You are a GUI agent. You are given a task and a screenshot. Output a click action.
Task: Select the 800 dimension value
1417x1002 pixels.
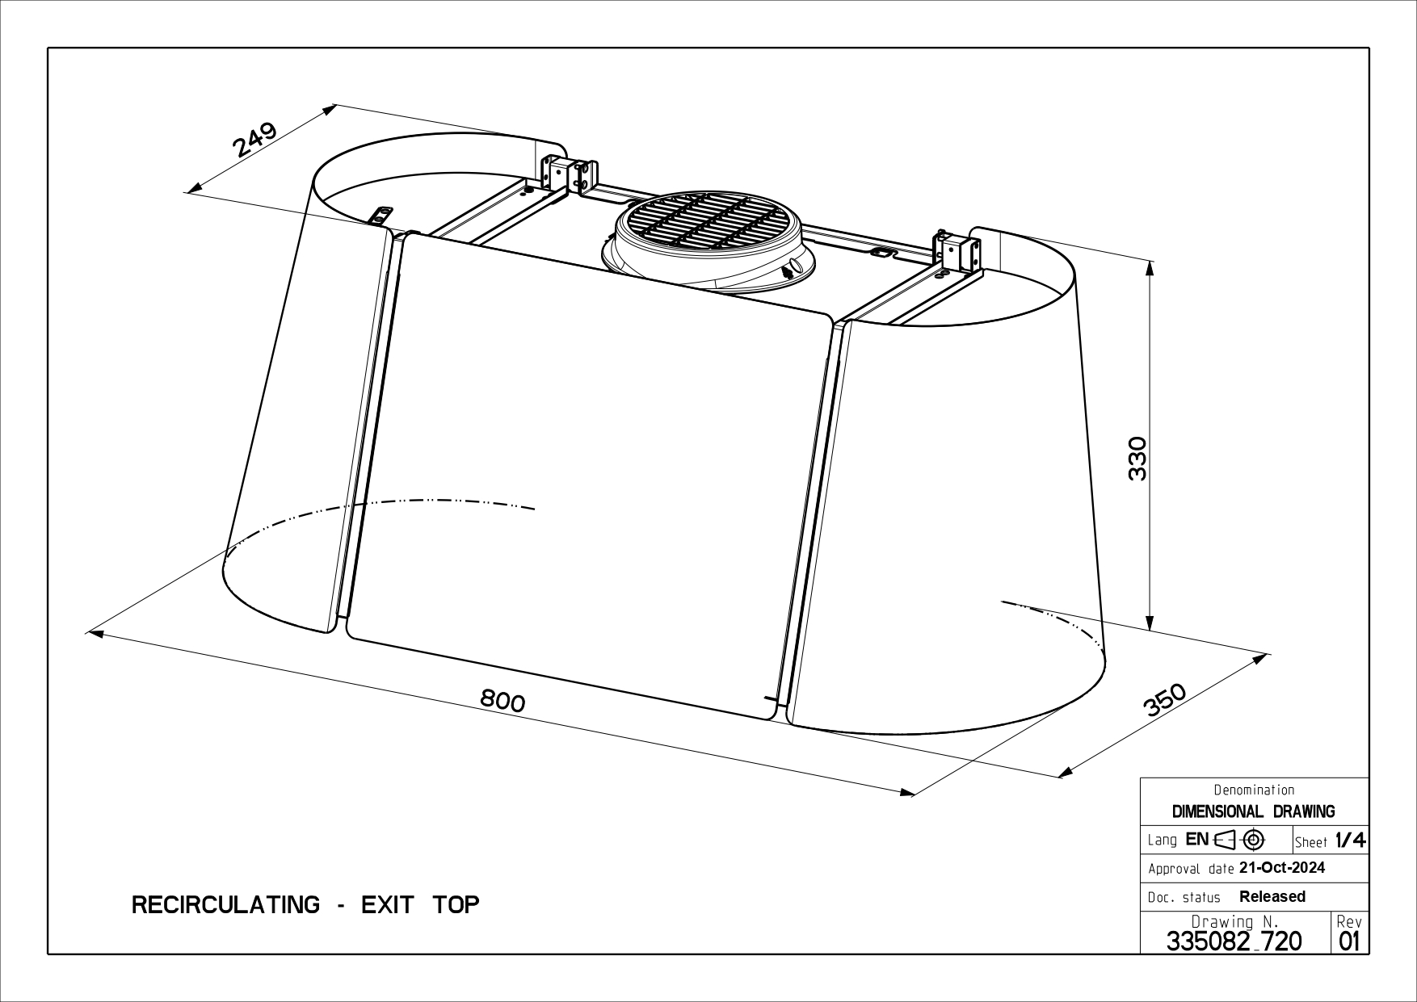coord(502,700)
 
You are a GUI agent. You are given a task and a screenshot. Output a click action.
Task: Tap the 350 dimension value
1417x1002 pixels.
coord(1165,700)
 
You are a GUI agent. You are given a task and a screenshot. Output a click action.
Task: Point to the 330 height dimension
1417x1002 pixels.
coord(1137,459)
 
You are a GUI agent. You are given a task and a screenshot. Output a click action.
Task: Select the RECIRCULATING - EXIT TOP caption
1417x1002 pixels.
coord(305,904)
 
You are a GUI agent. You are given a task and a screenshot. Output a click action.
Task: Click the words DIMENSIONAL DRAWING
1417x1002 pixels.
coord(1253,811)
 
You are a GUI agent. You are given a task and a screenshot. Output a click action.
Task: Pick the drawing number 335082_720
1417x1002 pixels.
coord(1234,941)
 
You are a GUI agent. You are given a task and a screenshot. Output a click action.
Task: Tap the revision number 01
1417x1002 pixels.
coord(1349,941)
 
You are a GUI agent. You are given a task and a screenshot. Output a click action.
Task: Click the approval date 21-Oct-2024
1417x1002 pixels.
coord(1281,868)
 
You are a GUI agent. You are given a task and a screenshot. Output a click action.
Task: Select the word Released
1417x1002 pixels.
coord(1272,896)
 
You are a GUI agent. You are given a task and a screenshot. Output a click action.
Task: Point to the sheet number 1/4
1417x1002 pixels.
coord(1350,841)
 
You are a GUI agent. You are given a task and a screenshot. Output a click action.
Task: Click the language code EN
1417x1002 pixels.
coord(1197,839)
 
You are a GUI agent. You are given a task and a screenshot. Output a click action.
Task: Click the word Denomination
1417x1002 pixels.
coord(1254,790)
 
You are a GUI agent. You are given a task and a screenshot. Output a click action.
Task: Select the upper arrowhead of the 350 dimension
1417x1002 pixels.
coord(1261,658)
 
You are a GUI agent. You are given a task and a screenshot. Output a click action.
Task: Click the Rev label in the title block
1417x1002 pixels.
coord(1349,921)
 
